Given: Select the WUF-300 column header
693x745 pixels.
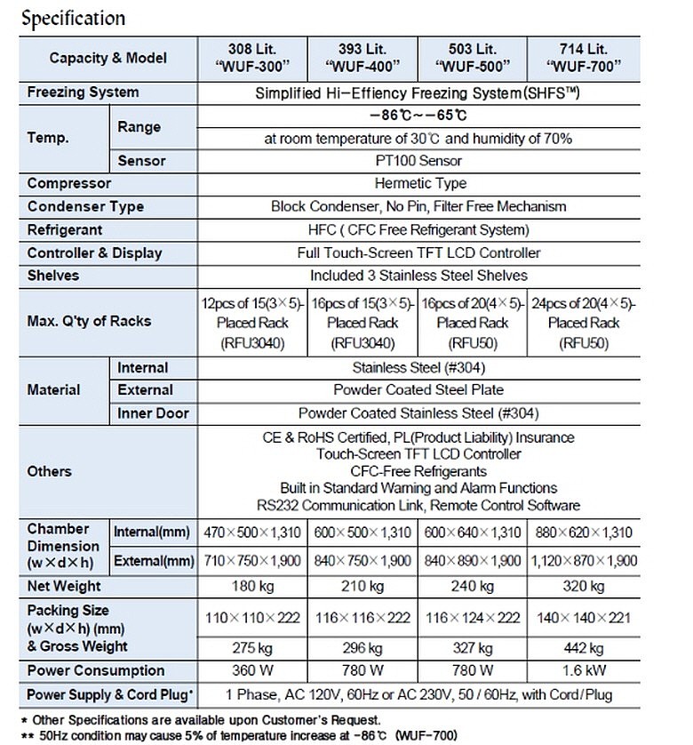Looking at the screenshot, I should point(252,58).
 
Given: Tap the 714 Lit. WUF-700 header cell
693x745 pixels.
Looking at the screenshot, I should point(584,58).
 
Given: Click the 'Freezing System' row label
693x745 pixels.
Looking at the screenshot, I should point(84,92).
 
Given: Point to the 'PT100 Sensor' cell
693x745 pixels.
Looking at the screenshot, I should point(418,161).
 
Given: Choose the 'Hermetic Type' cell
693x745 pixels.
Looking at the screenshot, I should point(418,183).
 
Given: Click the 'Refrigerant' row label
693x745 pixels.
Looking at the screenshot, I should point(65,229).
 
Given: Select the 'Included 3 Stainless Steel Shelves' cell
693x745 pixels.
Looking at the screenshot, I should point(418,276).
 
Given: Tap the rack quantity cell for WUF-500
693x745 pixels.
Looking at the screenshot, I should point(473,322).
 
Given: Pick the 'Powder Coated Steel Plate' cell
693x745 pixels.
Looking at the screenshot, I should point(418,390).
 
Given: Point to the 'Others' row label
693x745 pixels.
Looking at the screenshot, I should point(50,471).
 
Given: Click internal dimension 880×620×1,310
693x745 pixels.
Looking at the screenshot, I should point(584,533).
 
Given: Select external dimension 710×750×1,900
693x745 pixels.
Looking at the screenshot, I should point(252,561).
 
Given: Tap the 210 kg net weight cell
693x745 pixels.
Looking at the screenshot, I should point(362,586).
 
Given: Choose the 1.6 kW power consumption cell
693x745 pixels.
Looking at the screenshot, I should point(584,670).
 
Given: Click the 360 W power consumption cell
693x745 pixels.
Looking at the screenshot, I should point(252,670).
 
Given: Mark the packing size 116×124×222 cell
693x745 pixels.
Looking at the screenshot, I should point(473,617).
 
